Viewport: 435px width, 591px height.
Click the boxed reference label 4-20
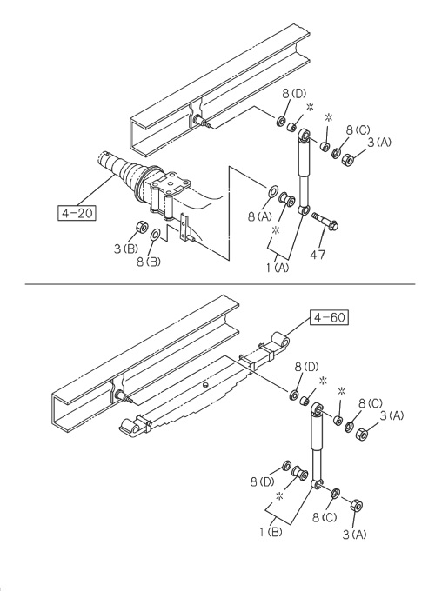(77, 213)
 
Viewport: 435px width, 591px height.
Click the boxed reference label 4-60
(329, 317)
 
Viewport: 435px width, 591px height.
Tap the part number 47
(318, 255)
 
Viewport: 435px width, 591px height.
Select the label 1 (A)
(278, 268)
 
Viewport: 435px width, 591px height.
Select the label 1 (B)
(271, 532)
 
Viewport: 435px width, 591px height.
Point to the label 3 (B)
(126, 249)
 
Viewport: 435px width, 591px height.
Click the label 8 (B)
(148, 262)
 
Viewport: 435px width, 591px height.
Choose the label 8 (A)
(259, 216)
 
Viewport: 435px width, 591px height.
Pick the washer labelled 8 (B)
(156, 235)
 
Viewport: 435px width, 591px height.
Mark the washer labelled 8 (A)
(272, 191)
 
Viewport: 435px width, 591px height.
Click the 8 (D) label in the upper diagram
(294, 94)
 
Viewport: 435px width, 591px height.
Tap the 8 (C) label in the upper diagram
(358, 130)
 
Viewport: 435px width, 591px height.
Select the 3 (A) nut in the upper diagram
(347, 158)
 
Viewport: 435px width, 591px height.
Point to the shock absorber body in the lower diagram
(316, 445)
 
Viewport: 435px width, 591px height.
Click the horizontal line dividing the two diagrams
(220, 284)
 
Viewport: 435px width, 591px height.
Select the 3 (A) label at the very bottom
(354, 535)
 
